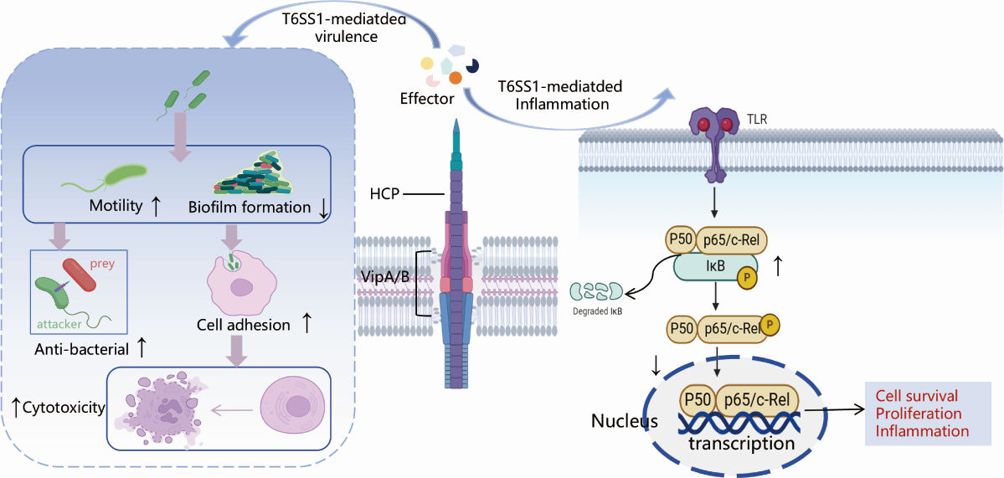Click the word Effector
[427, 99]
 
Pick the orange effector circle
[456, 77]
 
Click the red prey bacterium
[85, 272]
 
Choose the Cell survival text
[916, 395]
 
